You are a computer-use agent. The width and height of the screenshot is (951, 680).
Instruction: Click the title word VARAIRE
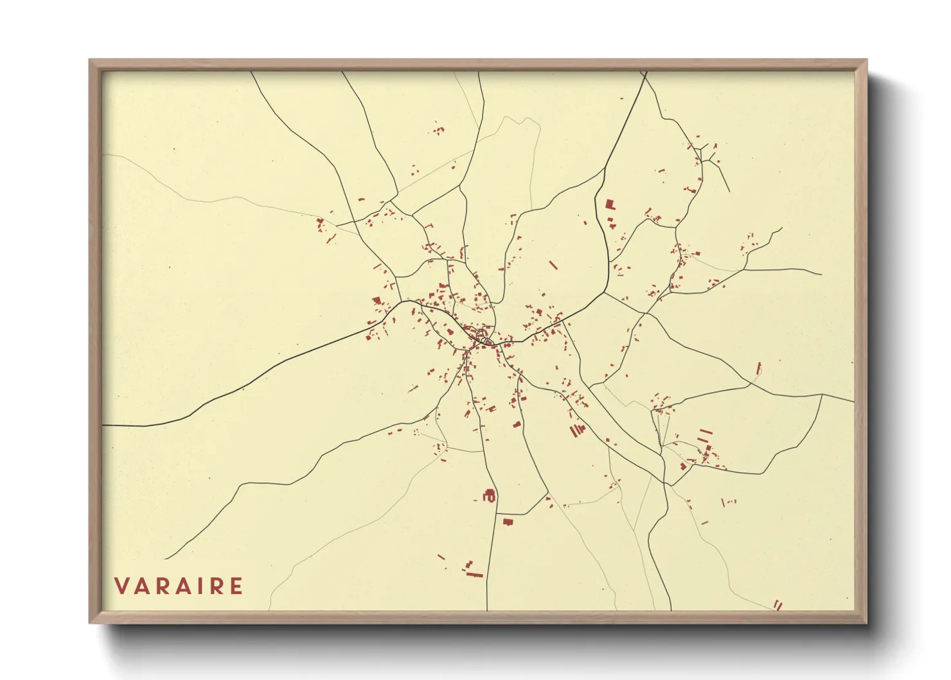[x=179, y=586]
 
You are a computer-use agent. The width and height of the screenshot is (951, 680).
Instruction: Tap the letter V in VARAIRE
[x=121, y=586]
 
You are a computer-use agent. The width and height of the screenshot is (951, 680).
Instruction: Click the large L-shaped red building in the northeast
[x=609, y=205]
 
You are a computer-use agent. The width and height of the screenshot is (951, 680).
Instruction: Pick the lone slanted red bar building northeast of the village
[x=553, y=265]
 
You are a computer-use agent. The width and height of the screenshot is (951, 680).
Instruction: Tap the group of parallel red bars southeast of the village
[x=577, y=430]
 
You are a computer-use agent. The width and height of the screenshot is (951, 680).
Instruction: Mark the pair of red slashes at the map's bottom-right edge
[x=778, y=605]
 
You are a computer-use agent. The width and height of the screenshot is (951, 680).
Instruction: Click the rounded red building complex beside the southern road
[x=490, y=496]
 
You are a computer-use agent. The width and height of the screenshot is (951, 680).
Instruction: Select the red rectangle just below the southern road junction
[x=508, y=521]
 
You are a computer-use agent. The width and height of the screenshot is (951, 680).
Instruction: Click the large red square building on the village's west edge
[x=377, y=300]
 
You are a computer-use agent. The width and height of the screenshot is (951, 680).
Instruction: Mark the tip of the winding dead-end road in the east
[x=781, y=228]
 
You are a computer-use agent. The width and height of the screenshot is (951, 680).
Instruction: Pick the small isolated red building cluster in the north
[x=438, y=130]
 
